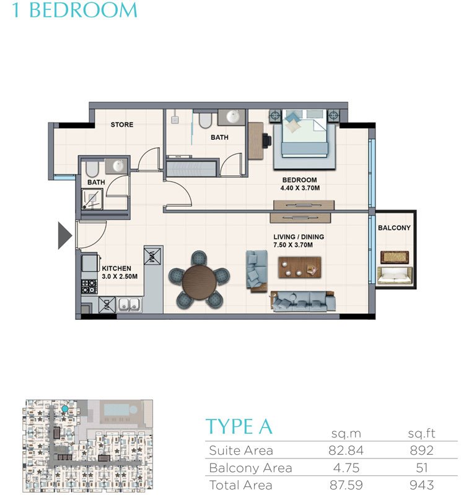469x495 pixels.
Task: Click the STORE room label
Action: point(122,124)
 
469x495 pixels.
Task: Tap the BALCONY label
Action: point(394,228)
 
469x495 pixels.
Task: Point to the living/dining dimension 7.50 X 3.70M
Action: point(299,245)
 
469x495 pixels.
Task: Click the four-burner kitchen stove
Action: point(89,286)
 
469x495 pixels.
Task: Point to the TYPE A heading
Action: point(239,426)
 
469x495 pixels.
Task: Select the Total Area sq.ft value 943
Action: point(421,484)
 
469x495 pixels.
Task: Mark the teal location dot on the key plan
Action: point(64,410)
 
